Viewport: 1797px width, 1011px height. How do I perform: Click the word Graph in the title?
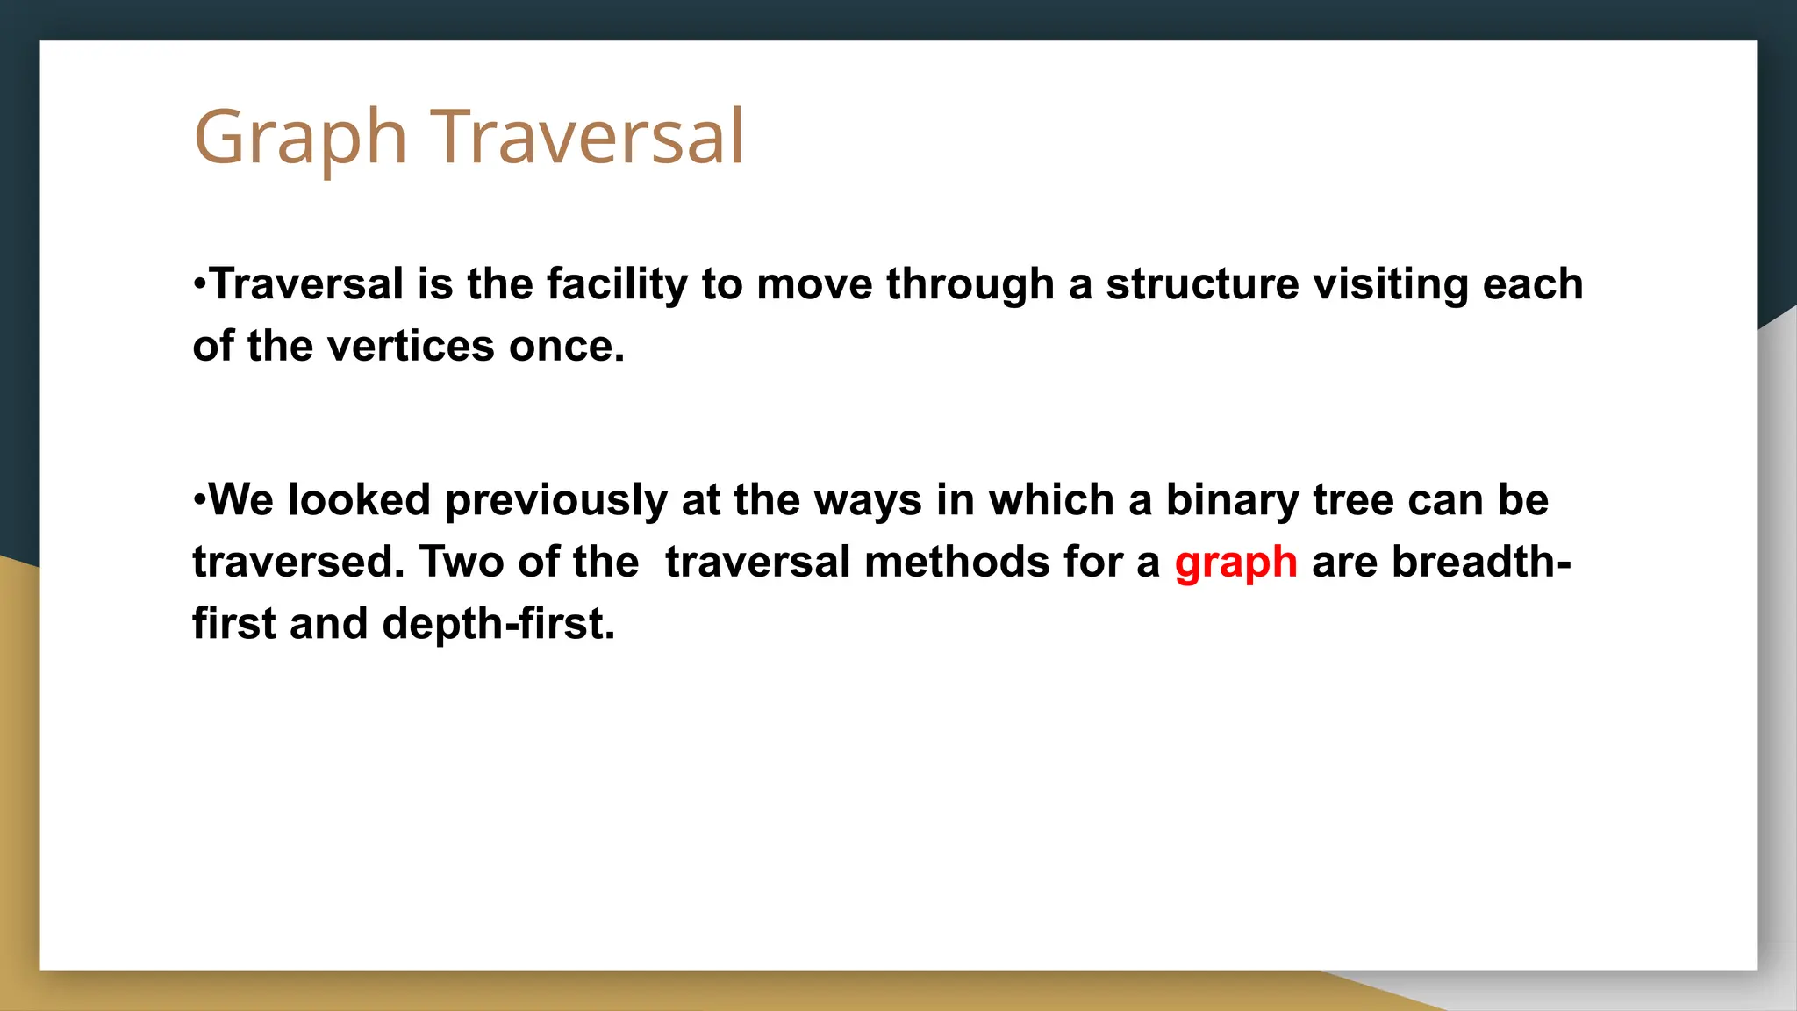click(x=300, y=139)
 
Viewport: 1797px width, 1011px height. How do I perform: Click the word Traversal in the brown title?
click(x=587, y=137)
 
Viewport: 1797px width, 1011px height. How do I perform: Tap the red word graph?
click(x=1235, y=563)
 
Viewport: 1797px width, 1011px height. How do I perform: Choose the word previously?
click(x=556, y=501)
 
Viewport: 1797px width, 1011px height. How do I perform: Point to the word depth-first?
click(x=498, y=625)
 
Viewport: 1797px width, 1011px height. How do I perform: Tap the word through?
click(x=970, y=285)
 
